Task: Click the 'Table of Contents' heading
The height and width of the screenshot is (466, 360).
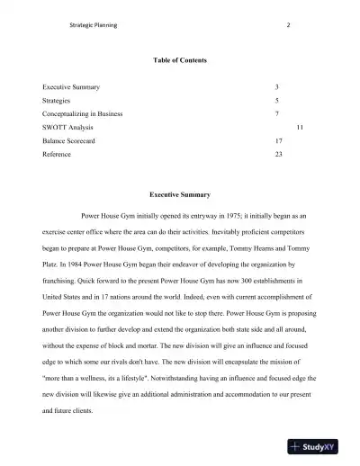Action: coord(180,60)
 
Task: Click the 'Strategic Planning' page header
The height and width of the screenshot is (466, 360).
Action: coord(93,24)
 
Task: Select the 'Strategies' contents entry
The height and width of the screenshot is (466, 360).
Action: coord(57,101)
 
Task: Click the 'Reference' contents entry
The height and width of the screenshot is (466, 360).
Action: coord(57,155)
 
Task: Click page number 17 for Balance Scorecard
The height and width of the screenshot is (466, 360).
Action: coord(278,141)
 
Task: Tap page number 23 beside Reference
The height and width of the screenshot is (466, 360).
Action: coord(278,155)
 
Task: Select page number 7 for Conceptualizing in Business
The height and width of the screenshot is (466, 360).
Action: coord(276,114)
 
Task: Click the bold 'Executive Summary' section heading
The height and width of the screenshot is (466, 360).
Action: coord(180,194)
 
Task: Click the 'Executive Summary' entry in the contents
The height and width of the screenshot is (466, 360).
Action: coord(71,87)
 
